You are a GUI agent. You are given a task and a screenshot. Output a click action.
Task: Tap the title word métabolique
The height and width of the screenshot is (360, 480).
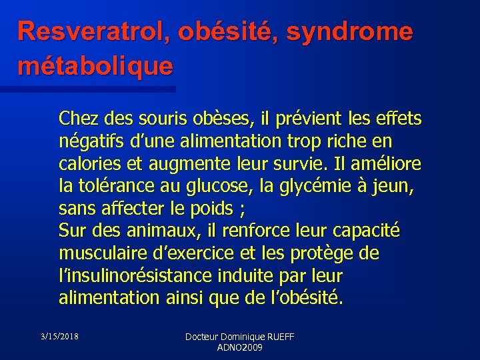click(x=95, y=65)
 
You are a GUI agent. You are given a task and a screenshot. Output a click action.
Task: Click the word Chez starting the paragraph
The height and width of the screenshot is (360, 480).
click(x=76, y=119)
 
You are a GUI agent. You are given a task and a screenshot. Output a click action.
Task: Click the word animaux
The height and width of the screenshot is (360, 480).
click(x=159, y=231)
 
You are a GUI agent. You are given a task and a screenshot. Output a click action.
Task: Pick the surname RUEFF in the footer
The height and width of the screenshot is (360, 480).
click(x=279, y=338)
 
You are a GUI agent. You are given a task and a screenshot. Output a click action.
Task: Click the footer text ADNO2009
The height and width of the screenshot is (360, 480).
click(x=240, y=348)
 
